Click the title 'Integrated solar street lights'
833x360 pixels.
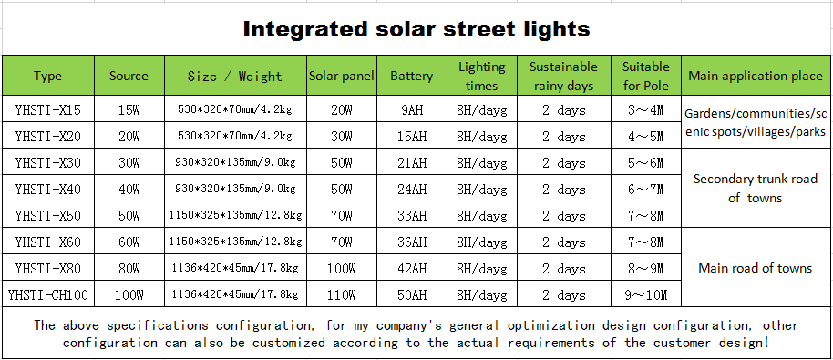(x=416, y=29)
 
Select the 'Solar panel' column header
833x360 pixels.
(x=342, y=77)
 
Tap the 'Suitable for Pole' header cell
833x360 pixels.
(x=645, y=77)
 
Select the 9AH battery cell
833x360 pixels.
(x=411, y=110)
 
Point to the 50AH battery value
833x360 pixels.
(x=411, y=295)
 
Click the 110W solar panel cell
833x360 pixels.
(x=342, y=295)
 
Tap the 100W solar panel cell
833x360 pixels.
(x=342, y=269)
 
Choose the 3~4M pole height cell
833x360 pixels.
(x=645, y=110)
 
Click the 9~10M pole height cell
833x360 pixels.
(x=645, y=295)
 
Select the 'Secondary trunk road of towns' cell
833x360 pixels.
(x=755, y=189)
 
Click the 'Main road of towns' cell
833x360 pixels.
(x=755, y=268)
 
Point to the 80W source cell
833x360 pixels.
(x=129, y=269)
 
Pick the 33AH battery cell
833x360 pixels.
(x=411, y=216)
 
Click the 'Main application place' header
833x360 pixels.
(x=755, y=77)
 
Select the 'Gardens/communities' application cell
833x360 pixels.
(x=755, y=122)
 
